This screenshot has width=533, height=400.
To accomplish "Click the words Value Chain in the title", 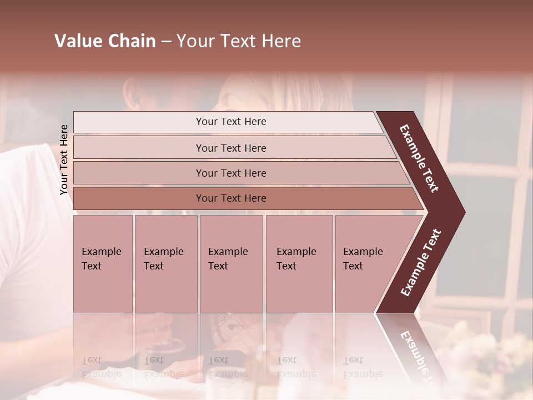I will (x=105, y=41).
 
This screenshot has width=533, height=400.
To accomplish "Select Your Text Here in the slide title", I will (x=239, y=41).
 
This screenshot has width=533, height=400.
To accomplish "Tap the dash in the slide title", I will (x=166, y=42).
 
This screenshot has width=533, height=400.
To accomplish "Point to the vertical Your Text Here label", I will (x=64, y=159).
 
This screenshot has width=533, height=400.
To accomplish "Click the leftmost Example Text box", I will (x=103, y=264).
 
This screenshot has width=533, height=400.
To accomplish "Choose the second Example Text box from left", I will (x=165, y=264).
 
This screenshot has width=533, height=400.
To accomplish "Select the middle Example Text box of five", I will (x=231, y=264).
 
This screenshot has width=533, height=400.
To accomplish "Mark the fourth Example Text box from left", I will (x=299, y=264).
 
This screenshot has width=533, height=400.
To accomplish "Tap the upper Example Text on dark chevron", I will (x=419, y=158).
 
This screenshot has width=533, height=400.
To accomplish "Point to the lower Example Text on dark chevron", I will (x=420, y=263).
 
